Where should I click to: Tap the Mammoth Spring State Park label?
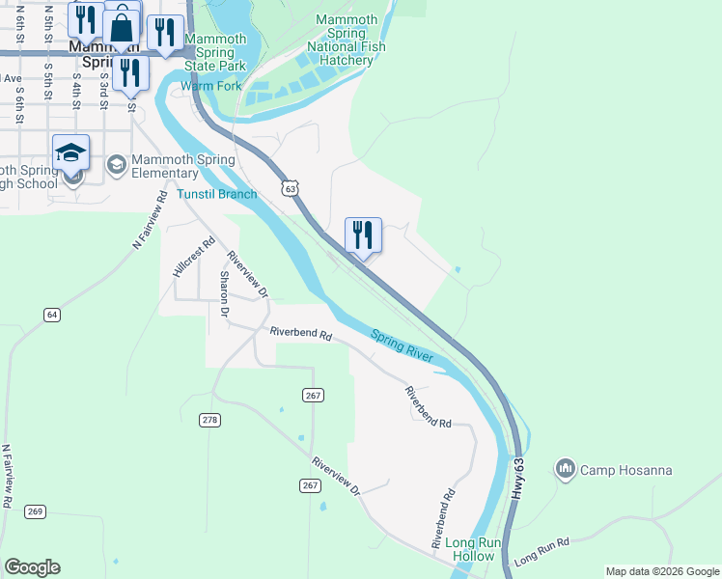pyautogui.click(x=215, y=53)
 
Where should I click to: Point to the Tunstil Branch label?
pyautogui.click(x=216, y=194)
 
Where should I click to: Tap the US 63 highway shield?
pyautogui.click(x=290, y=188)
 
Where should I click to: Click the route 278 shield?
pyautogui.click(x=210, y=420)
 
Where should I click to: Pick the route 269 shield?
pyautogui.click(x=35, y=511)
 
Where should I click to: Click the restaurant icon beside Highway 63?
pyautogui.click(x=363, y=234)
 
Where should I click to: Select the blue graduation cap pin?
pyautogui.click(x=71, y=152)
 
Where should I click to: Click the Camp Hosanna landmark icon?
pyautogui.click(x=566, y=470)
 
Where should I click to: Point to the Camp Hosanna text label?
pyautogui.click(x=625, y=471)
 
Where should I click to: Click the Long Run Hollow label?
pyautogui.click(x=473, y=549)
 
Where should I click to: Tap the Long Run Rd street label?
pyautogui.click(x=542, y=551)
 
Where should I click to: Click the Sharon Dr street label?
pyautogui.click(x=223, y=294)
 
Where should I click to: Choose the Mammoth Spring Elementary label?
pyautogui.click(x=183, y=166)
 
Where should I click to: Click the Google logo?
pyautogui.click(x=32, y=567)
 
